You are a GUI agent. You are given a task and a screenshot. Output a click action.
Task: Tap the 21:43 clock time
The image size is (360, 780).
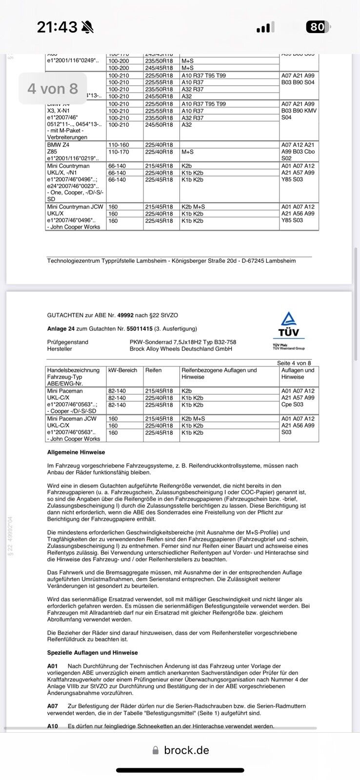(57, 27)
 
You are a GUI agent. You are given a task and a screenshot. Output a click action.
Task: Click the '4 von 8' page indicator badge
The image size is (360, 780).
(53, 89)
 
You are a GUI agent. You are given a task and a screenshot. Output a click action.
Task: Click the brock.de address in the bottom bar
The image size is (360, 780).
(186, 750)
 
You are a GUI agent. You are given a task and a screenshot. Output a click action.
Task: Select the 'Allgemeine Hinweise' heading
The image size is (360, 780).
(76, 452)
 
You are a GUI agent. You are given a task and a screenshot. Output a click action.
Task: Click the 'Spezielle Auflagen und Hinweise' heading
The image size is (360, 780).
(93, 652)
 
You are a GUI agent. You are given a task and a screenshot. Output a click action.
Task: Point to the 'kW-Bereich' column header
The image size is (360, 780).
(123, 370)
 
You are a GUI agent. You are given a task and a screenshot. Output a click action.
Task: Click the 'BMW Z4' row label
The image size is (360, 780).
(59, 145)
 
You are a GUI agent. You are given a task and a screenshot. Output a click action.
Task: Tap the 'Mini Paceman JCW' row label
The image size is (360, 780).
(72, 419)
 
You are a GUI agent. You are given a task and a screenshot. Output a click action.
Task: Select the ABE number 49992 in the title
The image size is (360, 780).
(125, 315)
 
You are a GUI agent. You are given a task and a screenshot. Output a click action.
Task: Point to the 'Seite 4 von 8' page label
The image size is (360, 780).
(294, 363)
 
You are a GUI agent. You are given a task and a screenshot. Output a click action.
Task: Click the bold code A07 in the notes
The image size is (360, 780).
(52, 706)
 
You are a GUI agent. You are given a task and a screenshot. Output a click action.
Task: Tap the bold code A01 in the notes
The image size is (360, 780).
(52, 666)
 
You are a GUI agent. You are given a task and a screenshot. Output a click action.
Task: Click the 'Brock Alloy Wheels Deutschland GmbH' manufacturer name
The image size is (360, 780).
(181, 349)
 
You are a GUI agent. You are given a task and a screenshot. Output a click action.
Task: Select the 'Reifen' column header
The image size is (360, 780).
(153, 370)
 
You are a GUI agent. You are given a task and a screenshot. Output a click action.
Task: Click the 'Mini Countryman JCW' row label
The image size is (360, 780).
(75, 207)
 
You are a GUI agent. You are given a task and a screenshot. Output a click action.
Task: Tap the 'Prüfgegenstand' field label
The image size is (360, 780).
(68, 342)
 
